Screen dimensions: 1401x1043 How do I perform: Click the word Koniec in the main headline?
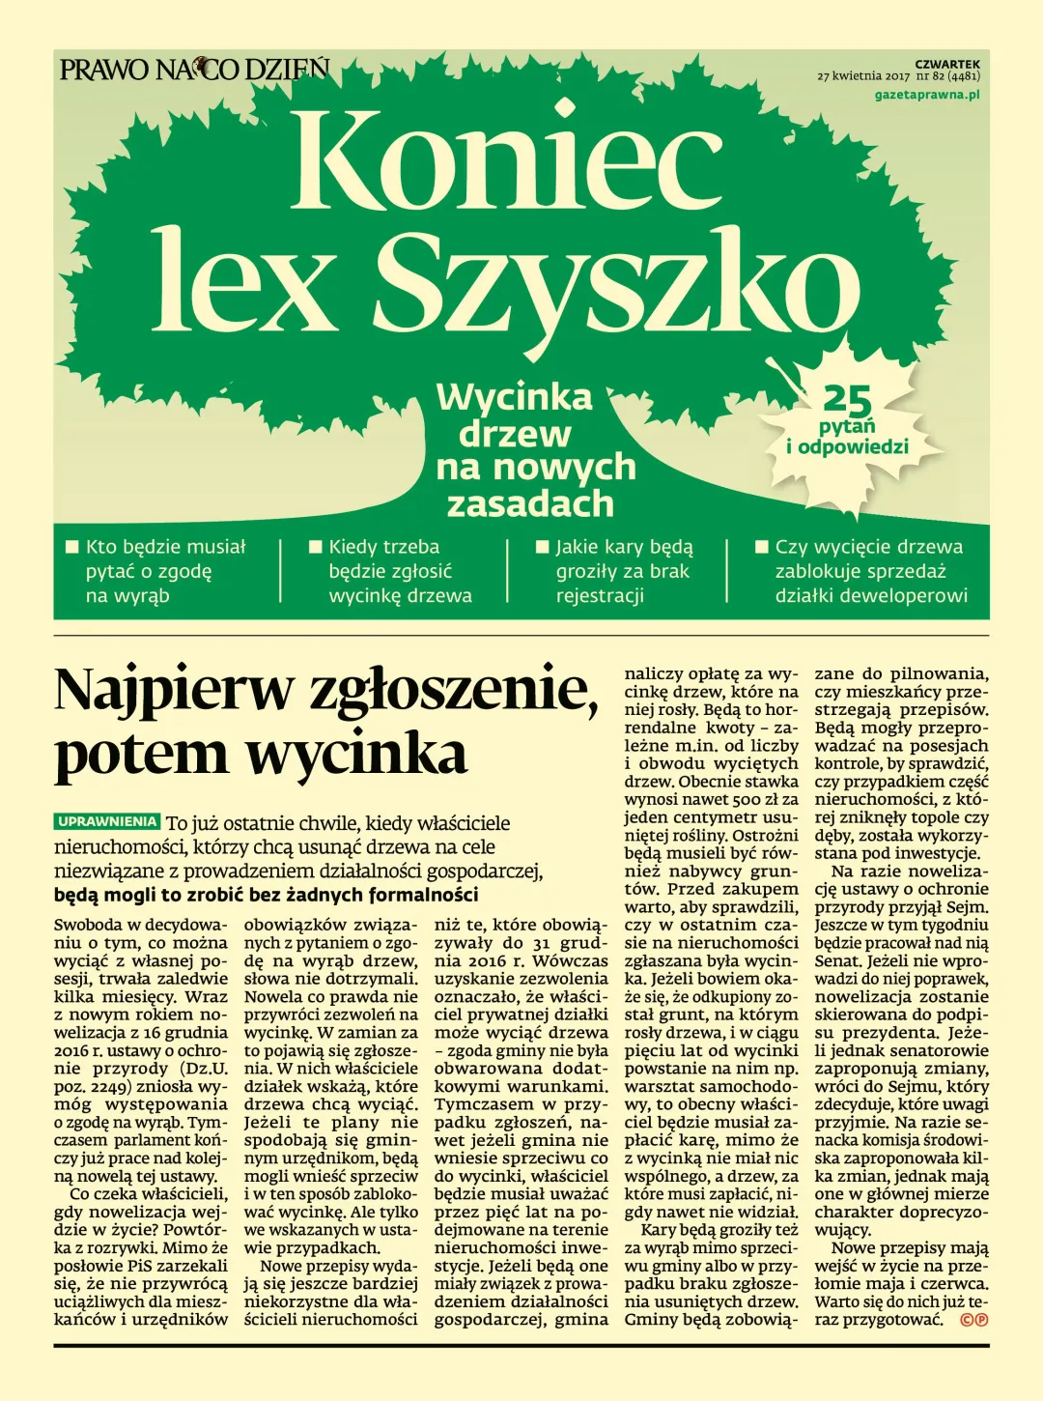493,159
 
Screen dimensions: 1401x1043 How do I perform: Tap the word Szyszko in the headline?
617,281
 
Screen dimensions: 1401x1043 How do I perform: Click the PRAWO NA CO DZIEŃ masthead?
194,70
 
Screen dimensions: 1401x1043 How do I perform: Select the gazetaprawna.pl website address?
926,95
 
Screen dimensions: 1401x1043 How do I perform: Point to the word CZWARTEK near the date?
947,64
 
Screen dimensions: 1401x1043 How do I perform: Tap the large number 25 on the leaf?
847,399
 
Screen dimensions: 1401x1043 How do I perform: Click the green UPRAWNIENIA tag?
107,822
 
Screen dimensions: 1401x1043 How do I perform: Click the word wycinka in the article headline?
356,754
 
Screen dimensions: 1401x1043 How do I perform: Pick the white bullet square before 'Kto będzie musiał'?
71,547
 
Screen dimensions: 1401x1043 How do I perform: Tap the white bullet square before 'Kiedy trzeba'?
315,547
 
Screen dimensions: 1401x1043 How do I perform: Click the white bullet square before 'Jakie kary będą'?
542,547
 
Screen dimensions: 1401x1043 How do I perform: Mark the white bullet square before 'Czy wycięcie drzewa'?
761,547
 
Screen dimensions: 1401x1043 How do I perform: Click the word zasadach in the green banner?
530,503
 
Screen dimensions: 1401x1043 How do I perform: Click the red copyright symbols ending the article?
973,1320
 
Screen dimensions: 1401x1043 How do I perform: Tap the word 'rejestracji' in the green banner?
600,595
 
